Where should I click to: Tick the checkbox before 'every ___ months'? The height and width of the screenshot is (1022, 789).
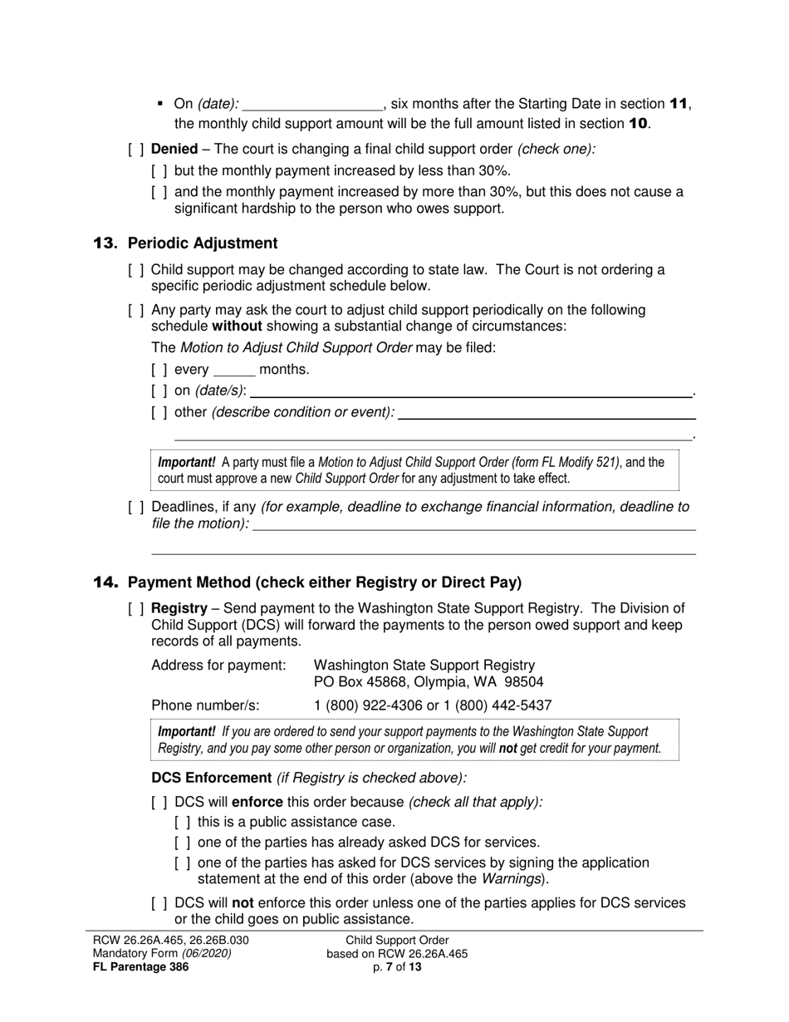[x=159, y=370]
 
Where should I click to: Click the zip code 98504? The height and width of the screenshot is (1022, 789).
[x=521, y=682]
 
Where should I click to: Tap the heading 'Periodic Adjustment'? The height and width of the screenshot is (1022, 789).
[x=203, y=243]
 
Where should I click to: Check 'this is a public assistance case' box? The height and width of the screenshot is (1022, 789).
[x=183, y=823]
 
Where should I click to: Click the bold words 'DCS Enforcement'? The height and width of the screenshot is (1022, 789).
[x=211, y=778]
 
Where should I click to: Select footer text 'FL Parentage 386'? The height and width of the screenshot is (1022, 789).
[x=140, y=966]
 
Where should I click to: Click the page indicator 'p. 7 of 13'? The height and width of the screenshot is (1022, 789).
[x=397, y=966]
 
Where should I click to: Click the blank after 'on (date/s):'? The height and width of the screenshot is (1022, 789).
[x=470, y=391]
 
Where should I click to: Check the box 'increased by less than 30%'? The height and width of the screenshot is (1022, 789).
[x=159, y=171]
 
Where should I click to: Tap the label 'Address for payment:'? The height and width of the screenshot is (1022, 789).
[x=218, y=666]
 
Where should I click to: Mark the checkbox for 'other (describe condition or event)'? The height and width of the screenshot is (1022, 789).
[x=159, y=412]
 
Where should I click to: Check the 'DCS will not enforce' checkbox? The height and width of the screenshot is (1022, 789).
[x=159, y=903]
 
